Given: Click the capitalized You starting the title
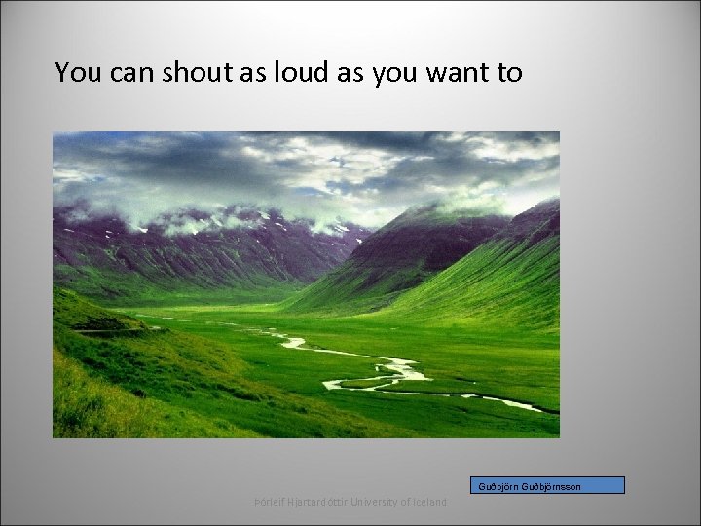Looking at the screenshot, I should [74, 72].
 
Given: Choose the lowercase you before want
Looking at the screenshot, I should [395, 72].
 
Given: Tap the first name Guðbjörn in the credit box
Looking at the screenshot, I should [499, 486].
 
